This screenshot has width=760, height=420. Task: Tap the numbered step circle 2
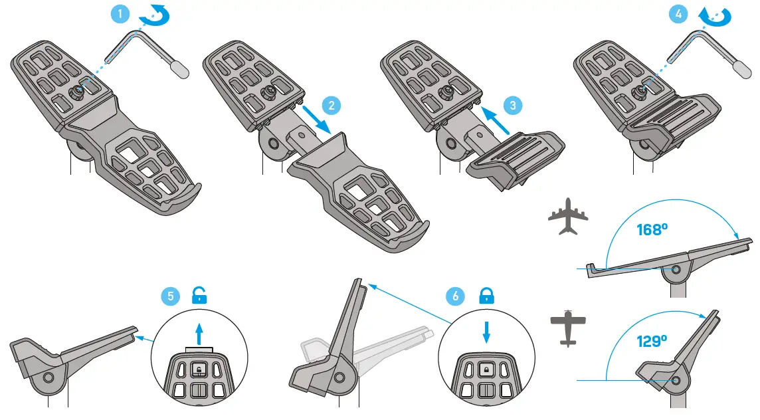click(x=331, y=105)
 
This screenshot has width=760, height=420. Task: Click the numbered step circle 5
click(x=171, y=296)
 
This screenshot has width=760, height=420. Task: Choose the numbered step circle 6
click(x=456, y=296)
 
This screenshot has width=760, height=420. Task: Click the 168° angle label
click(x=650, y=231)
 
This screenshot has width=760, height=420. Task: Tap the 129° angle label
click(x=650, y=342)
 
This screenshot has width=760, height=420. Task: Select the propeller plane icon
click(x=569, y=327)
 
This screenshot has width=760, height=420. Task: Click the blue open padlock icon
click(x=198, y=295)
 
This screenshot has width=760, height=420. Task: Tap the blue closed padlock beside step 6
click(x=487, y=295)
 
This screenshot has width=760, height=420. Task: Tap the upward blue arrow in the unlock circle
click(x=199, y=332)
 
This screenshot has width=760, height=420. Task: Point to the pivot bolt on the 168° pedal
click(x=676, y=270)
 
